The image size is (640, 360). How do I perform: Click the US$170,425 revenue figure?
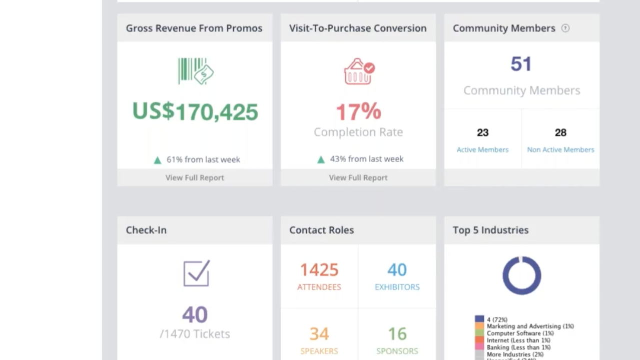pos(195,111)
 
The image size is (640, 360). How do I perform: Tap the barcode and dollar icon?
pos(196,71)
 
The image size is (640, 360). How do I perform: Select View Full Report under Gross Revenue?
pos(195,177)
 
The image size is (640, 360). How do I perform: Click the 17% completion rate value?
pos(358,111)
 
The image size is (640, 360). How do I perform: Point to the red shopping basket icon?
pos(359,71)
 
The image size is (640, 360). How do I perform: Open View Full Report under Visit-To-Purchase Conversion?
pos(358,177)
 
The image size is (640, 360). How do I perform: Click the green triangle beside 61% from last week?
pos(158,160)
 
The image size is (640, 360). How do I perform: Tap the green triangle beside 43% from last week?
pos(321,159)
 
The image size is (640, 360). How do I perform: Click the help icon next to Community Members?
pos(565,28)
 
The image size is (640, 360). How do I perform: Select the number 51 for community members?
pos(521,64)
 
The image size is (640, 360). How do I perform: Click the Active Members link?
pos(482,149)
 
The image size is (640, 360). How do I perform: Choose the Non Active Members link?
pos(560,149)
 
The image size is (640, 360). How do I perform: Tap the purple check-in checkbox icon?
pos(196,273)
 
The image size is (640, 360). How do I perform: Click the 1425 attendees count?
pos(319,270)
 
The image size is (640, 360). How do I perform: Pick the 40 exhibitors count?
pos(397,270)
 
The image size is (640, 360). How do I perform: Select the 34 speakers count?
pos(319,334)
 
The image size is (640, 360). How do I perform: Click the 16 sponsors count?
pos(397,334)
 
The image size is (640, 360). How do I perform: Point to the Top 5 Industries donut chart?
pos(522,275)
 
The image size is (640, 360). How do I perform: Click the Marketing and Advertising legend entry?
pos(530,326)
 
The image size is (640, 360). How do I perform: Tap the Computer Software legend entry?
pos(520,333)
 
